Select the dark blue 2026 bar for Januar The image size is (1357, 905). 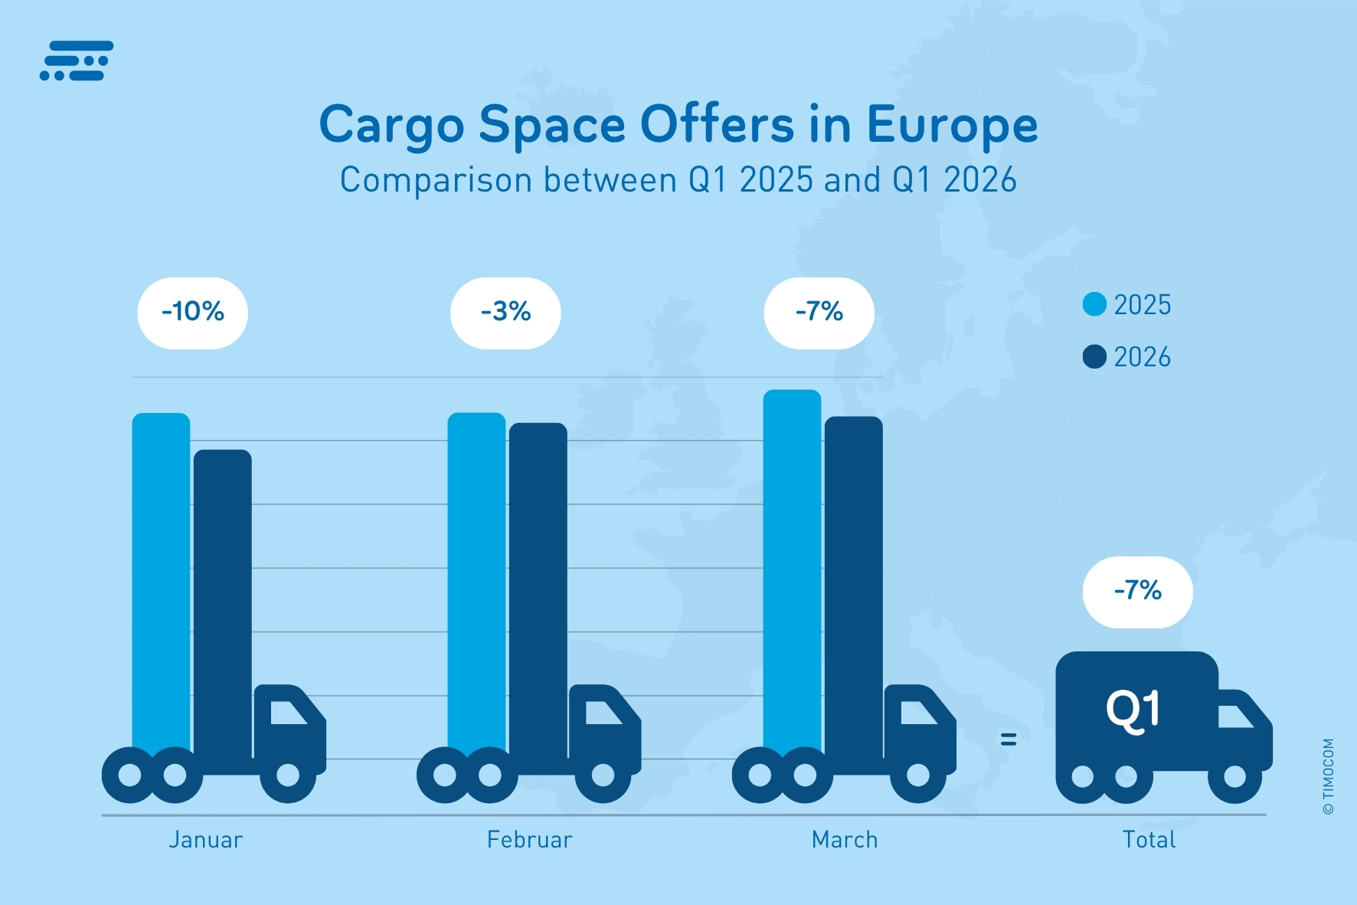point(222,598)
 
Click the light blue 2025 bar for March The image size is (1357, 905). point(792,567)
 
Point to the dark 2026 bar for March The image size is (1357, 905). point(853,582)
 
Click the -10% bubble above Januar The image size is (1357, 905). point(192,313)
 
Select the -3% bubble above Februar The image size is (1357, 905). point(505,313)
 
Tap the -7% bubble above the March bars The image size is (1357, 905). point(819,313)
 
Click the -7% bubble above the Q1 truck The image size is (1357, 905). point(1137,592)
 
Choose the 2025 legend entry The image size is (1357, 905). point(1127,305)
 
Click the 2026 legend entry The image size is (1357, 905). point(1127,357)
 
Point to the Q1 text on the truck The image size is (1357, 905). point(1133,710)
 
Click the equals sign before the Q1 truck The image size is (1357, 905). point(1009,739)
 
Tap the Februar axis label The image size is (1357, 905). point(529,840)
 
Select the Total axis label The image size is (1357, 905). point(1149,840)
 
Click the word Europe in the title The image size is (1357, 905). point(952,126)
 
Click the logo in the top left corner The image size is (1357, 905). point(77,61)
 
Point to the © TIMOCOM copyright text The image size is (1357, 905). point(1328,776)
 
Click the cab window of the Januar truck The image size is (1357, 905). point(287,713)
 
